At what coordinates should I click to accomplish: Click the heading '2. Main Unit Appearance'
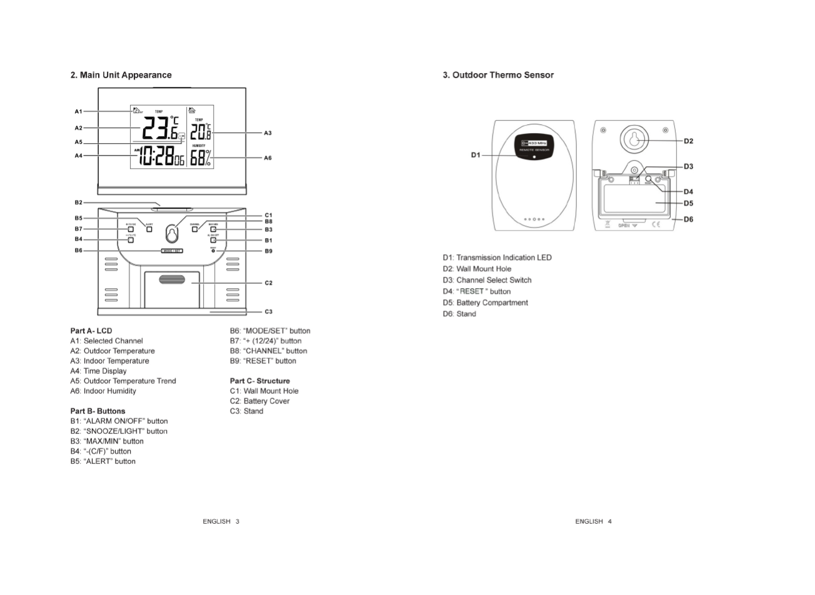click(121, 75)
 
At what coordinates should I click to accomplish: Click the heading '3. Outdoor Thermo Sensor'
click(498, 75)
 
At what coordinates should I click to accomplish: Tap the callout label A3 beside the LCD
click(267, 133)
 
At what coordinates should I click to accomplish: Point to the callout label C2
click(268, 283)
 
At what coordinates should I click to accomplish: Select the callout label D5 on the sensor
click(688, 203)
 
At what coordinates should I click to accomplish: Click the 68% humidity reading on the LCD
click(201, 158)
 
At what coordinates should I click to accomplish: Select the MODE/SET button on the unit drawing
click(172, 251)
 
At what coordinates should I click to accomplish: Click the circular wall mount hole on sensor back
click(634, 139)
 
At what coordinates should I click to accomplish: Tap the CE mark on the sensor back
click(656, 224)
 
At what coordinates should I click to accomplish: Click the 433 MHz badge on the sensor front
click(534, 144)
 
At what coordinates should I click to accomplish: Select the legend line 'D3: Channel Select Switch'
click(487, 280)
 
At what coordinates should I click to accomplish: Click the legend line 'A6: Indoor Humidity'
click(103, 391)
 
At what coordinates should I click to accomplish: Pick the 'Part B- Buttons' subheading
click(97, 411)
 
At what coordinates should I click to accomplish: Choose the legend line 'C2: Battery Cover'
click(259, 401)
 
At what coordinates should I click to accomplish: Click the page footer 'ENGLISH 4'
click(593, 521)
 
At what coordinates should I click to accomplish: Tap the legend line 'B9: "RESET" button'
click(262, 361)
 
